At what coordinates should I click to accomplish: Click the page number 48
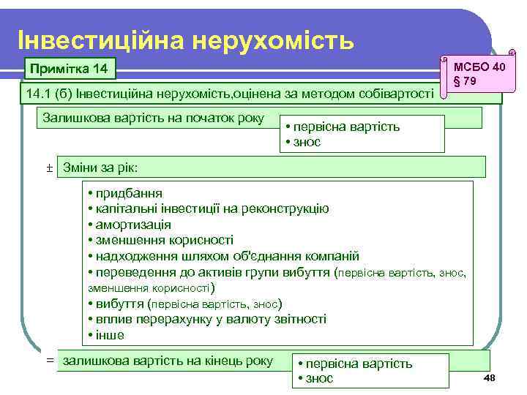pos(490,376)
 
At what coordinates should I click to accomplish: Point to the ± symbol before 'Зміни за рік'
pos(50,168)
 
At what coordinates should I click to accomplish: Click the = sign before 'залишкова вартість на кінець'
pos(50,361)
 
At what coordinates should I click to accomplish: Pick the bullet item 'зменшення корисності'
pos(160,240)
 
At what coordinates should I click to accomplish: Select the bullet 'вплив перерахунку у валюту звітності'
pos(206,320)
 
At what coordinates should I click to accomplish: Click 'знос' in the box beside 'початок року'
pos(306,142)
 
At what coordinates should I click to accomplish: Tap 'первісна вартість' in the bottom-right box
pos(358,364)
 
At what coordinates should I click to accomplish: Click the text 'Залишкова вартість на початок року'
pos(154,118)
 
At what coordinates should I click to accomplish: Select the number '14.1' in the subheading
pos(37,93)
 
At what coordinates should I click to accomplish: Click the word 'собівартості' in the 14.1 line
pos(399,93)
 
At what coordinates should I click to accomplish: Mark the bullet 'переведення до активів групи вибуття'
pos(209,272)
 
